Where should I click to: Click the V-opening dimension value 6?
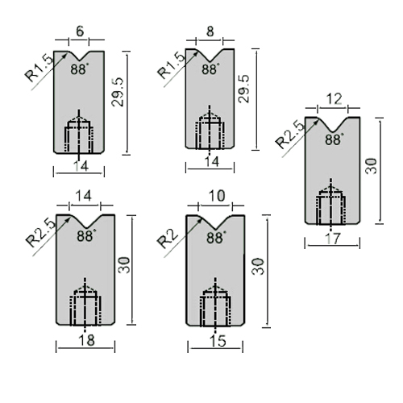80,31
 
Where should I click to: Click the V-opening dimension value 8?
210,31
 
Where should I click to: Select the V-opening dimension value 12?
334,99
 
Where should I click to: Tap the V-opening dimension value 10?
217,196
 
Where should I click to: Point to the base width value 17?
332,238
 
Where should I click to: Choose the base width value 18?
87,340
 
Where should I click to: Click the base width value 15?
217,341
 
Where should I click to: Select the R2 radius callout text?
167,239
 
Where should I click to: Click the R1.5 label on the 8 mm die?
172,65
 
